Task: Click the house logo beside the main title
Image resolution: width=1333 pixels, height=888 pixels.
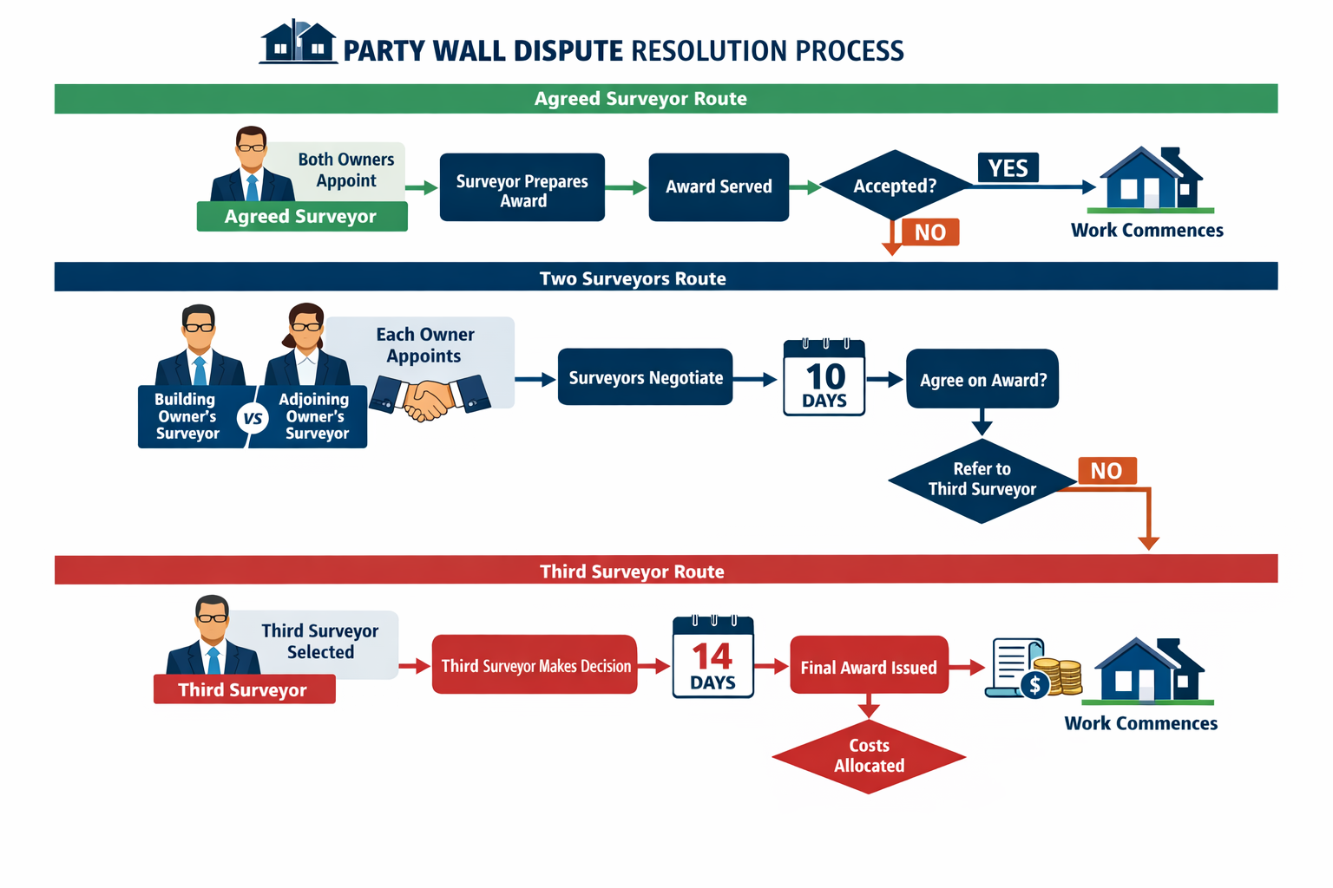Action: point(298,42)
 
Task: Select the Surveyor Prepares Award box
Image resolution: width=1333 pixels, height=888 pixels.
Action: point(522,188)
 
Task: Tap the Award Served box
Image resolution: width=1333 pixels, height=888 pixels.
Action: point(719,187)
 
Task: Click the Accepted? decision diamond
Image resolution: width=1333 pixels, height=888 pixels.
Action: point(894,186)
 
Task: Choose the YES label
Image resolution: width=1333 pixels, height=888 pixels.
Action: point(1008,167)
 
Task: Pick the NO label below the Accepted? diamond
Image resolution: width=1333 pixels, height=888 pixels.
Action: point(929,232)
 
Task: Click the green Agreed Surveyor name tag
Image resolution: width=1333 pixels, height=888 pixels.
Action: point(301,217)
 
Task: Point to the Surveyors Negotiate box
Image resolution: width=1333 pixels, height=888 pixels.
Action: point(645,378)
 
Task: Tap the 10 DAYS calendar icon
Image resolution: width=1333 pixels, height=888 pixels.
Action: point(824,378)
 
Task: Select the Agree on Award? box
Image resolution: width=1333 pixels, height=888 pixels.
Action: point(982,380)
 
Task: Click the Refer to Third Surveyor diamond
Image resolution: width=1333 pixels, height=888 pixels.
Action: point(982,480)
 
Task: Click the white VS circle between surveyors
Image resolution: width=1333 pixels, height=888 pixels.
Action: point(253,419)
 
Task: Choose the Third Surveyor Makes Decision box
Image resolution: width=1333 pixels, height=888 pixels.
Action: point(535,666)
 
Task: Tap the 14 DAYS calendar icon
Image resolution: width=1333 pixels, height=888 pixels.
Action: point(712,658)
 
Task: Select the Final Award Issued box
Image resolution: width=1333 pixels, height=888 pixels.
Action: point(869,667)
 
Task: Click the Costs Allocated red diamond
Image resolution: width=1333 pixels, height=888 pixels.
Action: point(869,756)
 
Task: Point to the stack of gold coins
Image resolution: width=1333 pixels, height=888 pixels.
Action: point(1060,676)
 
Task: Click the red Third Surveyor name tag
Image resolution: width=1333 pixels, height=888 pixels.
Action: point(244,690)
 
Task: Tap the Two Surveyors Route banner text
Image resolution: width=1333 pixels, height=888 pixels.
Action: point(633,278)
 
